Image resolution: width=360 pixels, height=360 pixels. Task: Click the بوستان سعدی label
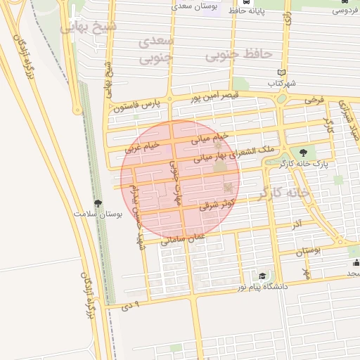(x=193, y=6)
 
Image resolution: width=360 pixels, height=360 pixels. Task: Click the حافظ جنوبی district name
(x=238, y=54)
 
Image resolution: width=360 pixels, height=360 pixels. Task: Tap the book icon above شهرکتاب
(x=282, y=72)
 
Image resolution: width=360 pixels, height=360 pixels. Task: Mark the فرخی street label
(x=314, y=101)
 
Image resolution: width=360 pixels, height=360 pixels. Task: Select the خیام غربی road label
(x=142, y=147)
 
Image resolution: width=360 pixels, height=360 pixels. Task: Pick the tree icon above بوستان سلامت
(x=98, y=203)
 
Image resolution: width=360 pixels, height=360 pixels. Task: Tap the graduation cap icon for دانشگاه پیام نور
(x=262, y=276)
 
